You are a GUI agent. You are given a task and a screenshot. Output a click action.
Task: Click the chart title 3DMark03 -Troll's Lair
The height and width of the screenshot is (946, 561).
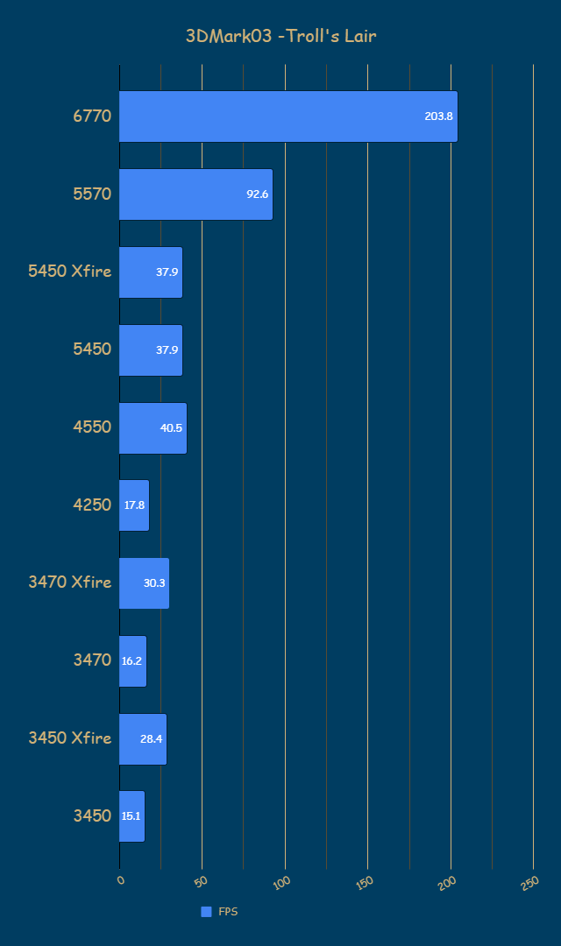[280, 36]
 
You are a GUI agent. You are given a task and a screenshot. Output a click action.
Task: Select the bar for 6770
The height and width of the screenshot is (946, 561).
[288, 116]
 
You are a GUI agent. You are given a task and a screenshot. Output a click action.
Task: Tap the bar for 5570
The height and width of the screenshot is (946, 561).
[195, 194]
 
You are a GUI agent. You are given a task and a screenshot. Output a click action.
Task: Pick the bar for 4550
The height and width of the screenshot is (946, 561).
[153, 428]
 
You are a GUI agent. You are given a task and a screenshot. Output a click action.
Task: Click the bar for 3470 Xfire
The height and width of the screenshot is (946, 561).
[144, 583]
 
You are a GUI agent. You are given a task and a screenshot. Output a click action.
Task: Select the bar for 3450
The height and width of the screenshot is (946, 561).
[131, 816]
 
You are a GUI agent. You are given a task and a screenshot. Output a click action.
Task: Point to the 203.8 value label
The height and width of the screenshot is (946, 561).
[438, 116]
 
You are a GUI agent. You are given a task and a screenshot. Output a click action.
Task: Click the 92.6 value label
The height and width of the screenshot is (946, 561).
[257, 194]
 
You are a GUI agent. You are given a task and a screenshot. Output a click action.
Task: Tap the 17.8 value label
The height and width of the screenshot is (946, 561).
[134, 505]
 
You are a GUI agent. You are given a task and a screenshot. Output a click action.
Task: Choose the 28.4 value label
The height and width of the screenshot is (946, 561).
[151, 738]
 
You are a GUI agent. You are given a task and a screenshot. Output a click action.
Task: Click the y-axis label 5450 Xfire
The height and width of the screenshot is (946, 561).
[70, 272]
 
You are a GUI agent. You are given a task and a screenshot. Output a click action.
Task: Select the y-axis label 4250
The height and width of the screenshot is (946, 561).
[92, 505]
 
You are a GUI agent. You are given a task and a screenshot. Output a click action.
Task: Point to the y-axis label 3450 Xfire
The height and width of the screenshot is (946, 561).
[70, 738]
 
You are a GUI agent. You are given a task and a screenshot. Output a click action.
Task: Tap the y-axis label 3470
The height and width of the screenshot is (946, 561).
[92, 660]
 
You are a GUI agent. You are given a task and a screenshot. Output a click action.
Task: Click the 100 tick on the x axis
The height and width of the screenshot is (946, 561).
[281, 883]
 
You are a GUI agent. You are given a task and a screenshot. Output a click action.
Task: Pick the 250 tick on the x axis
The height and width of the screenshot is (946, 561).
[529, 883]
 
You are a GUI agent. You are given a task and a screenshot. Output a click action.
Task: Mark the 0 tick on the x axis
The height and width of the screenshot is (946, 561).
[121, 880]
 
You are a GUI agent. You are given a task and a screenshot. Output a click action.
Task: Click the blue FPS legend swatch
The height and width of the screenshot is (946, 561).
[206, 912]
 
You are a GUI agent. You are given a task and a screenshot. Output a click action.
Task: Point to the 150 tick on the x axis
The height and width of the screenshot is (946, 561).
[364, 883]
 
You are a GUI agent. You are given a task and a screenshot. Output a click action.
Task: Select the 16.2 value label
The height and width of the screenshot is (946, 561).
[131, 661]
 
